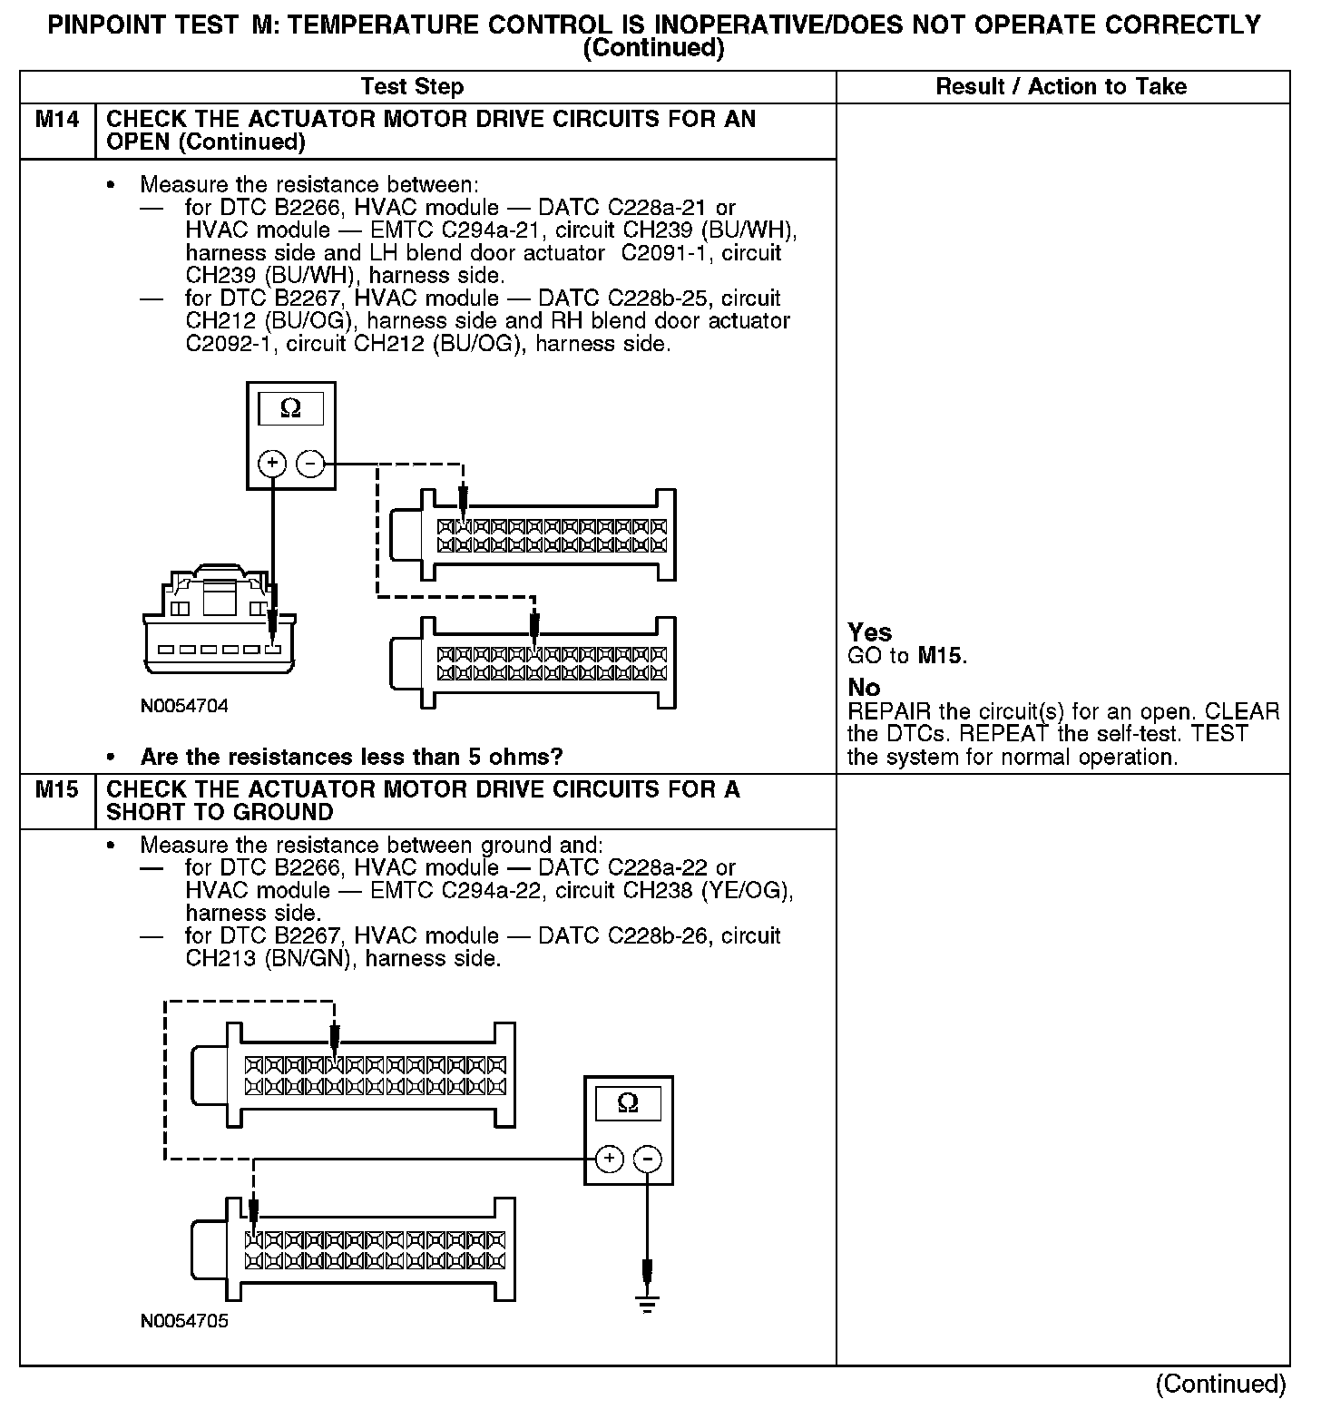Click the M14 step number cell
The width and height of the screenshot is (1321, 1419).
click(56, 120)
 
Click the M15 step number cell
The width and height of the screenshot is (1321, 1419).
click(56, 790)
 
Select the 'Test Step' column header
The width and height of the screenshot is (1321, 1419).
click(412, 87)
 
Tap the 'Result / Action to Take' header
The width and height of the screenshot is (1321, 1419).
click(1061, 87)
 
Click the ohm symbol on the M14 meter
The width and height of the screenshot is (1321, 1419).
click(290, 410)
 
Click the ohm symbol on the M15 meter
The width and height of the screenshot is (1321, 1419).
click(627, 1103)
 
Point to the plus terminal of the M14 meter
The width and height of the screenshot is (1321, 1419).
click(272, 465)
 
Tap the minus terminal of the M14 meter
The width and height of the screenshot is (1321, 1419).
click(310, 465)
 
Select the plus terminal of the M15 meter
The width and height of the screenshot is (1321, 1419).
click(609, 1159)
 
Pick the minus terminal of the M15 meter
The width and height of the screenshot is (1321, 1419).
click(647, 1159)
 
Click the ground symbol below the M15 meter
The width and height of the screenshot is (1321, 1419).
click(647, 1305)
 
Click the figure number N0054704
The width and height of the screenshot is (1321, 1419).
click(184, 705)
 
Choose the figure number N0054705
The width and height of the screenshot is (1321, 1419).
click(184, 1321)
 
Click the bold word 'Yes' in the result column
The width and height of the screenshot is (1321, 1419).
click(869, 632)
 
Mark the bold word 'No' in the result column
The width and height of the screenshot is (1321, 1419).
click(864, 687)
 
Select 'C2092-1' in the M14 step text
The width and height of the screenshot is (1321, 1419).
click(223, 344)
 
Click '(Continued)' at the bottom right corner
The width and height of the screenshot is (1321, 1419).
click(1220, 1384)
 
